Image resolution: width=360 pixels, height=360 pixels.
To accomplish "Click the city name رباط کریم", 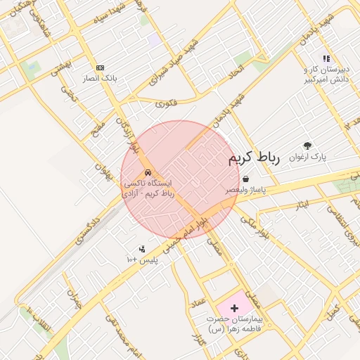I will coord(254,159).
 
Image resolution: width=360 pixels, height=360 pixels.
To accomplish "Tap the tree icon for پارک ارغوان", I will coord(307,145).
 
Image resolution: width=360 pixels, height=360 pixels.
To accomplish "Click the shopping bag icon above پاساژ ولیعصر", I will coord(245,179).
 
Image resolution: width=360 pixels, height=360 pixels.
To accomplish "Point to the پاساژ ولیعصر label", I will coord(245,190).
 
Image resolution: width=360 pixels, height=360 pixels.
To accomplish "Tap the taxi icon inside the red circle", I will coord(148,172).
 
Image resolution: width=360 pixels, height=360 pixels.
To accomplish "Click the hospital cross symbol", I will coord(234,307).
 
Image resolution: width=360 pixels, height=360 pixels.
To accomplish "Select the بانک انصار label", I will coord(99,77).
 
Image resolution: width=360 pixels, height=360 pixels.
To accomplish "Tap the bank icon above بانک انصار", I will coord(100,67).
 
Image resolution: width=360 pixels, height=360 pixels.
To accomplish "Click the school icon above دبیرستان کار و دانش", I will coord(326,58).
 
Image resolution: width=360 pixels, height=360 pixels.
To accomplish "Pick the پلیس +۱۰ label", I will coord(143,259).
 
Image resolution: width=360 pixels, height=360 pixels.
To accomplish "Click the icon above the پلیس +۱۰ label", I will coord(142,248).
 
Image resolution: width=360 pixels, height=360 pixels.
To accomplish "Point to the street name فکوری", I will coord(167,103).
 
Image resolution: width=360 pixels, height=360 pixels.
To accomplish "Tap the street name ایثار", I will coord(302,205).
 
